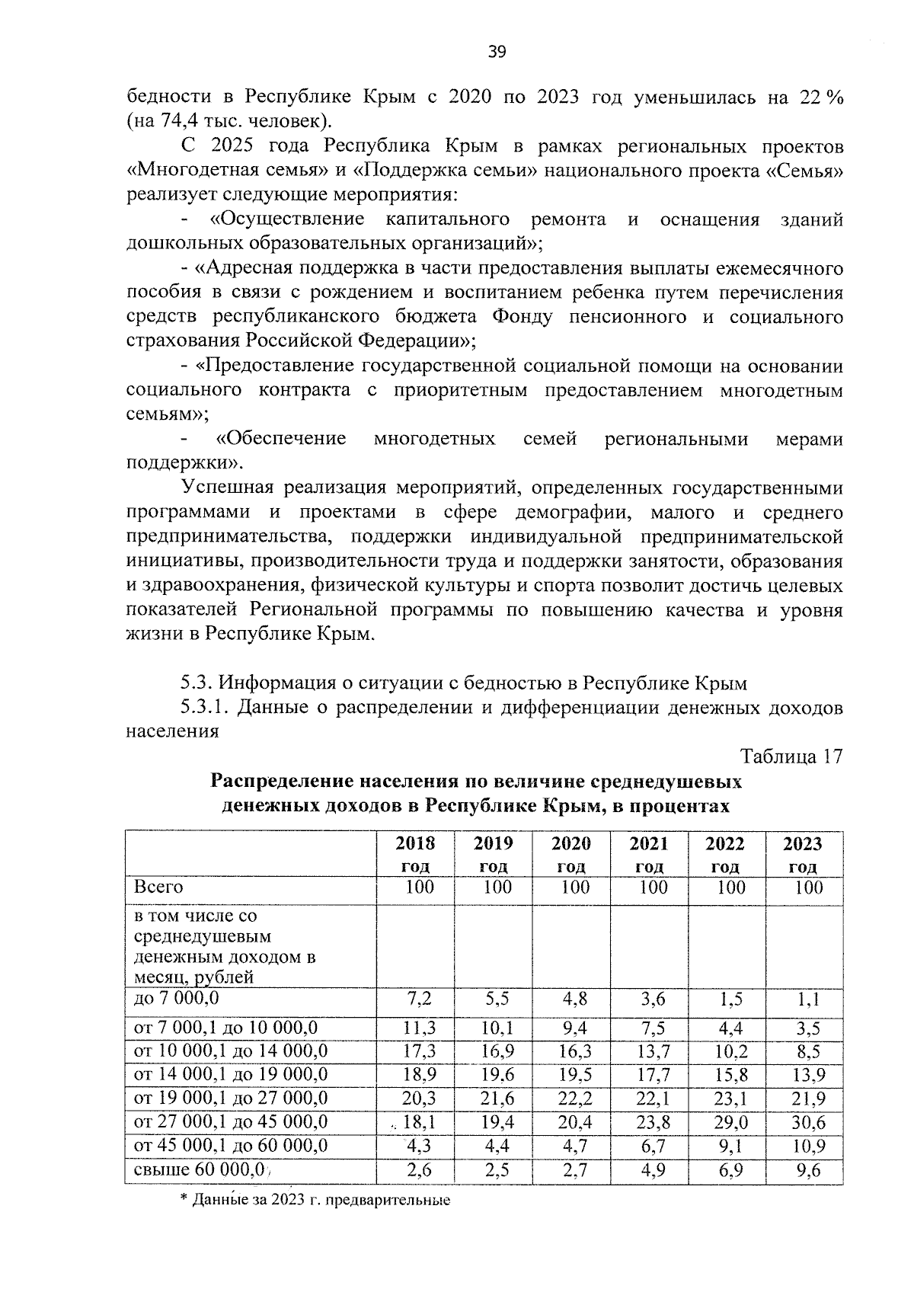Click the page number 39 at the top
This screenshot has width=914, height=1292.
[497, 52]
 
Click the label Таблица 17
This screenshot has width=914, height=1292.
[792, 756]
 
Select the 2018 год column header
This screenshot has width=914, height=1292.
[416, 854]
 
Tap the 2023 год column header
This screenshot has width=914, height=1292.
[803, 854]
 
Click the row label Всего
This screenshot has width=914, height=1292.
[158, 887]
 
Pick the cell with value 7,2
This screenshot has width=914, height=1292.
[419, 999]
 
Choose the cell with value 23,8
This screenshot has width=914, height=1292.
[653, 1122]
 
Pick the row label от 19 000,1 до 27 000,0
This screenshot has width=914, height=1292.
[231, 1099]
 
